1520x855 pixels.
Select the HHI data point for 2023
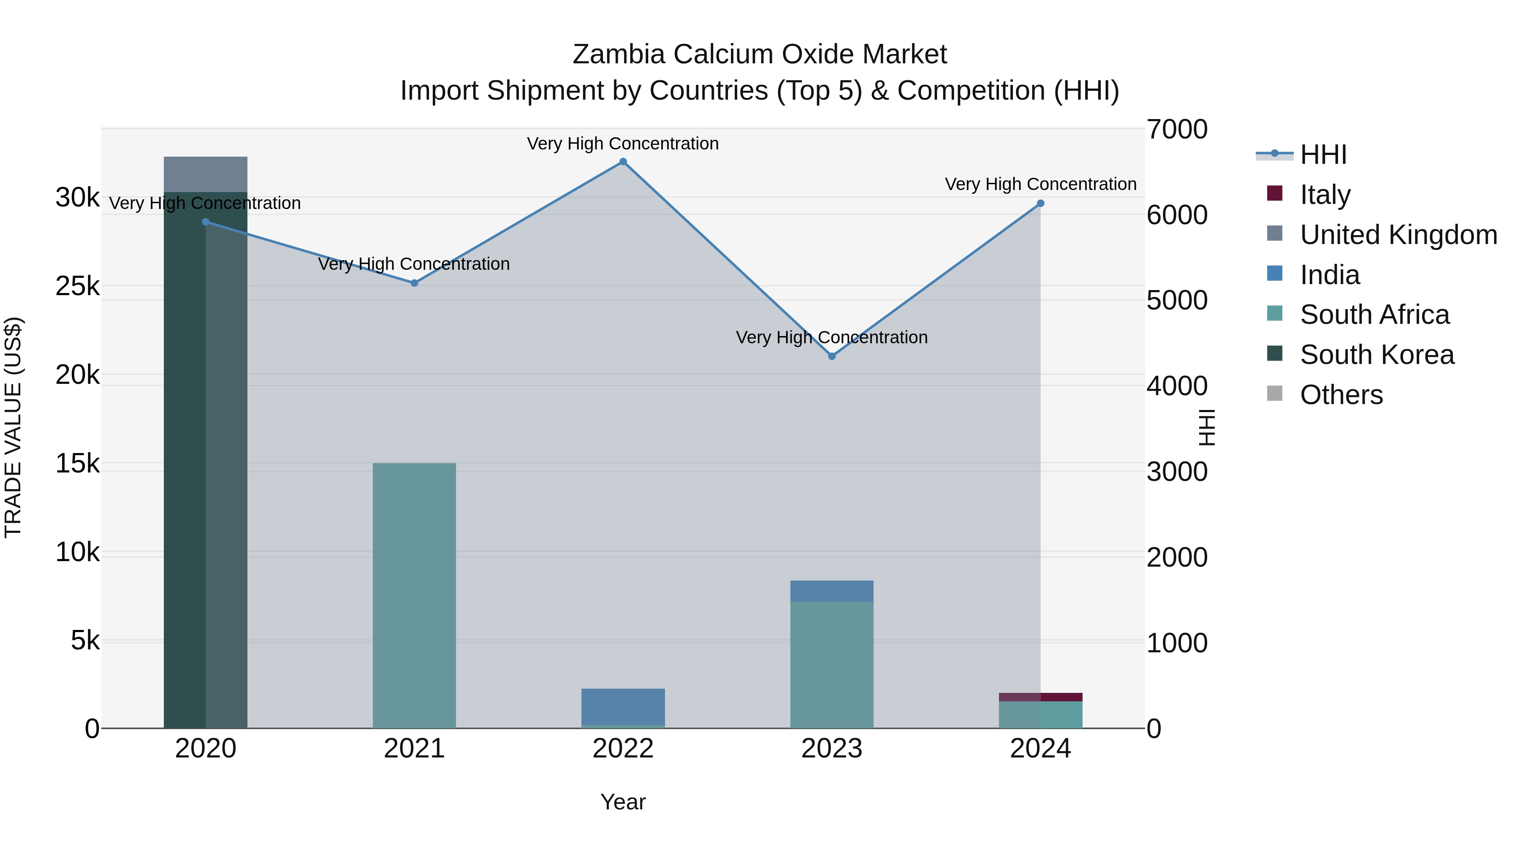(x=831, y=356)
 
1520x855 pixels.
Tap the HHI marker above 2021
(x=414, y=283)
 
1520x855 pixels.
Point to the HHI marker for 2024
(x=1040, y=204)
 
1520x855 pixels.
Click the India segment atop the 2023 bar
(x=831, y=591)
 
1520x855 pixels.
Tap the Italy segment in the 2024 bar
(x=1040, y=697)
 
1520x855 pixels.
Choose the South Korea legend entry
(x=1376, y=355)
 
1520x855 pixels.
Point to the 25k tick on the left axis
(x=78, y=286)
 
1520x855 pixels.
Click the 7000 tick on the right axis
(x=1177, y=130)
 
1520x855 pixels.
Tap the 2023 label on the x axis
(x=831, y=749)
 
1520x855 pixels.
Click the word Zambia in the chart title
(x=619, y=54)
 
